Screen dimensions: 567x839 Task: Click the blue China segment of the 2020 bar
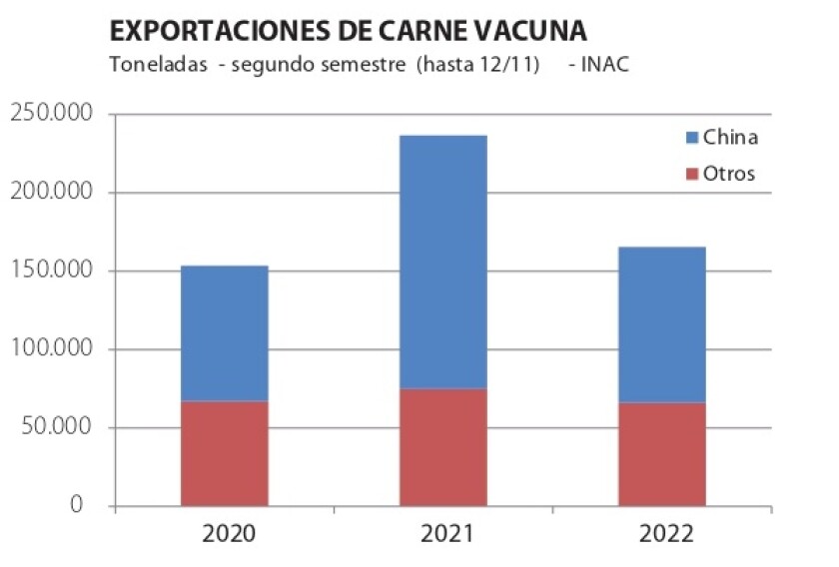pyautogui.click(x=224, y=333)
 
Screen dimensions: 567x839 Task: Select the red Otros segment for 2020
pyautogui.click(x=224, y=454)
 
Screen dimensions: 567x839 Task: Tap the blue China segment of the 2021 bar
pyautogui.click(x=442, y=262)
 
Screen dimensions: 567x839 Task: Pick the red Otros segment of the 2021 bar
pyautogui.click(x=442, y=448)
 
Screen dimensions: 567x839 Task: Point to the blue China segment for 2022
pyautogui.click(x=661, y=324)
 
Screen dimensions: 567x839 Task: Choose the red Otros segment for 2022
pyautogui.click(x=661, y=454)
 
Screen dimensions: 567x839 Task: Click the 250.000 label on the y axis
pyautogui.click(x=52, y=114)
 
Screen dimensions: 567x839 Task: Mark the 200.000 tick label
pyautogui.click(x=52, y=193)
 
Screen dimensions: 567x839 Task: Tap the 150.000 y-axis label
pyautogui.click(x=52, y=272)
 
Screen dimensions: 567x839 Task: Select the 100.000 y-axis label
pyautogui.click(x=52, y=350)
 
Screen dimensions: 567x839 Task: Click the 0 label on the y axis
pyautogui.click(x=77, y=506)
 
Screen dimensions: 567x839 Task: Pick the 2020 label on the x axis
pyautogui.click(x=229, y=534)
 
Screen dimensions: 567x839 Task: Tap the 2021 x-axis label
pyautogui.click(x=446, y=534)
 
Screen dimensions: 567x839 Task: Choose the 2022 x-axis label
pyautogui.click(x=665, y=534)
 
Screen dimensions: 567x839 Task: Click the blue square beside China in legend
pyautogui.click(x=691, y=138)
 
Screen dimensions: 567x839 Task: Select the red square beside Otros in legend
pyautogui.click(x=691, y=174)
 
